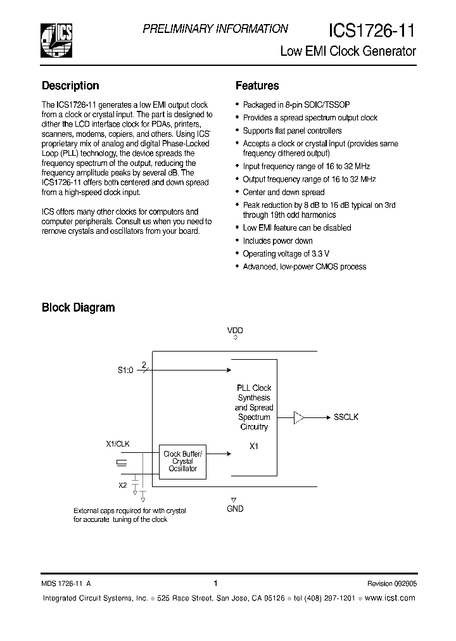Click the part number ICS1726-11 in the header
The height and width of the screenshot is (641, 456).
(372, 30)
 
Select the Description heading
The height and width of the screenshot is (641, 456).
(70, 86)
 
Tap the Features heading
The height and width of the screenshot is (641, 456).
(257, 86)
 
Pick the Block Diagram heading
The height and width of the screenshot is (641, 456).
(78, 308)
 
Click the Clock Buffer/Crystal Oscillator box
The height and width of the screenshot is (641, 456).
(183, 461)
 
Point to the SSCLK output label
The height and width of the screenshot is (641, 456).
(346, 417)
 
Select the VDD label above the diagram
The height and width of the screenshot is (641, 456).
(235, 330)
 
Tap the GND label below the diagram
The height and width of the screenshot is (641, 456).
(235, 509)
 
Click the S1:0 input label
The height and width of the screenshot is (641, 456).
(125, 371)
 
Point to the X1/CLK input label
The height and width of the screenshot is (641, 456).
(118, 445)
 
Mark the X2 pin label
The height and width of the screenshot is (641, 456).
(122, 485)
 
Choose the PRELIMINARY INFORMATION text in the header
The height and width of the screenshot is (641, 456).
(215, 29)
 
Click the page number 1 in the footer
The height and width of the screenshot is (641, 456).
(215, 583)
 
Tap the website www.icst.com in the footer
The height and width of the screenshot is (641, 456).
(391, 598)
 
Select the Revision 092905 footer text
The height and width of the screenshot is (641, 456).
(391, 584)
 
